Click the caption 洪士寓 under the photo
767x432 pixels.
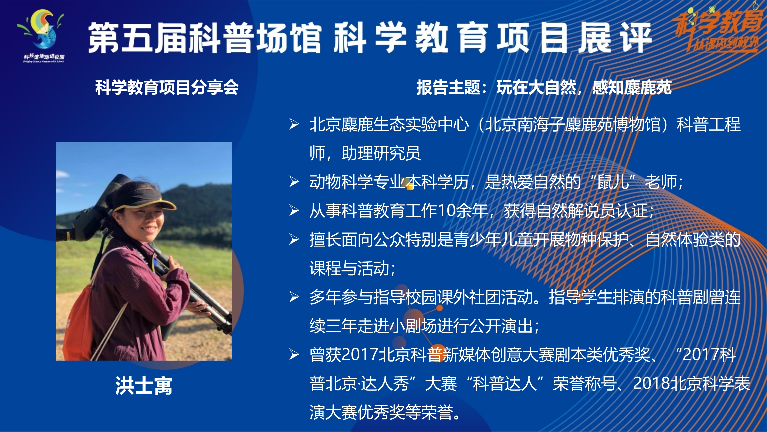pyautogui.click(x=144, y=386)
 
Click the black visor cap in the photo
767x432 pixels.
pyautogui.click(x=140, y=197)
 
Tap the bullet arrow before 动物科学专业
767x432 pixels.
pyautogui.click(x=294, y=182)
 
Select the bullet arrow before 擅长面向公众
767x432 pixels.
pyautogui.click(x=294, y=239)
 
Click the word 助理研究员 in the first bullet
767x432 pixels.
pyautogui.click(x=381, y=153)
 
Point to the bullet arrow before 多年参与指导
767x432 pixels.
pyautogui.click(x=294, y=297)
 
